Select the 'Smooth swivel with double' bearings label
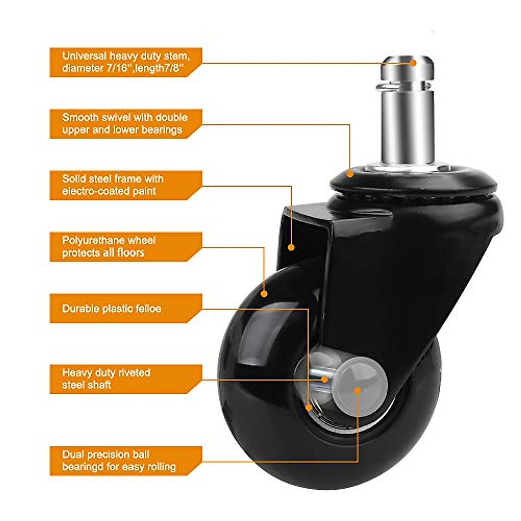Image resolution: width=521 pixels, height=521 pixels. pyautogui.click(x=125, y=123)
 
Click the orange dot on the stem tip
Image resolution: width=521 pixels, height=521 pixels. pyautogui.click(x=413, y=63)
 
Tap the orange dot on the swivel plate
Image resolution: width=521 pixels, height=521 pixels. pyautogui.click(x=350, y=174)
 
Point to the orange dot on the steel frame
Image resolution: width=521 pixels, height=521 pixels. pyautogui.click(x=291, y=247)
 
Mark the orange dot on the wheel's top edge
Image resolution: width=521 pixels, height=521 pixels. pyautogui.click(x=264, y=294)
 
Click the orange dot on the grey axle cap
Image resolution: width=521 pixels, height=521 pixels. pyautogui.click(x=357, y=390)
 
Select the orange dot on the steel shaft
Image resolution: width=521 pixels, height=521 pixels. pyautogui.click(x=324, y=379)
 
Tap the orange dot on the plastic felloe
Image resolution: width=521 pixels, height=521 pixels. pyautogui.click(x=309, y=407)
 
